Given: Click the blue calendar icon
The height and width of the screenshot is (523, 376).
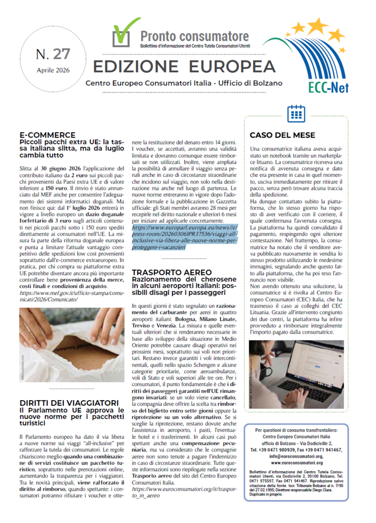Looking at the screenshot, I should point(296,113).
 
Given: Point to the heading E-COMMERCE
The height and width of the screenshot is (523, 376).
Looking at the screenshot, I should point(45,135).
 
